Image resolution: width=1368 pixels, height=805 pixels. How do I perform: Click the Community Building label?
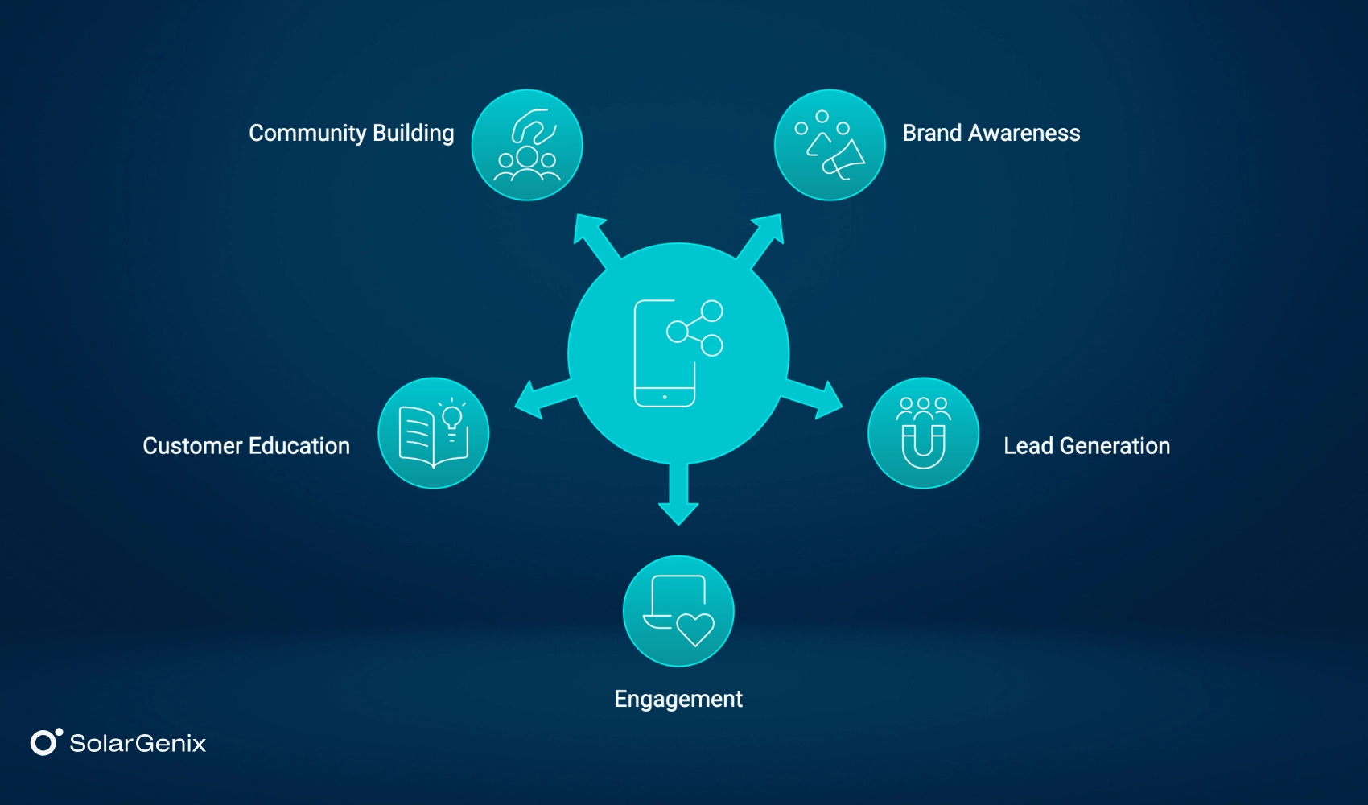351,133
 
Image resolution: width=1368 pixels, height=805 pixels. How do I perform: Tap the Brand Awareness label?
991,133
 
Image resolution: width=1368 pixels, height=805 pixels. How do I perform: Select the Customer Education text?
246,446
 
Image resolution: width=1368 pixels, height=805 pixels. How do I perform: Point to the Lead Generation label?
1086,446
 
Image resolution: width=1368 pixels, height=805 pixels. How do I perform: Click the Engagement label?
678,699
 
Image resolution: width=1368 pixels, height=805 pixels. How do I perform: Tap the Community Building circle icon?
527,145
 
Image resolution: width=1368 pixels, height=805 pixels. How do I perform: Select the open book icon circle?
434,433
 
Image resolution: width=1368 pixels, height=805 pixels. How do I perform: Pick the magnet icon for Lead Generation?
923,444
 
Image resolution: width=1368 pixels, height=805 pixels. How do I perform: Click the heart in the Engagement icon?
695,628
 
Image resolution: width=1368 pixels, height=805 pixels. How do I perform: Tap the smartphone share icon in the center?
678,353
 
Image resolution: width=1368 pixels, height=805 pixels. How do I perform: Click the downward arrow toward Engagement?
678,499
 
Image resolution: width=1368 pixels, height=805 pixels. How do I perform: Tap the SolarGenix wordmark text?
138,743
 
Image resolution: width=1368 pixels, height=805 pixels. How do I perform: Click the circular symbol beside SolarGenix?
45,741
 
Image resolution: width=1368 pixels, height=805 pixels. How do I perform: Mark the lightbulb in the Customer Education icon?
452,417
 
